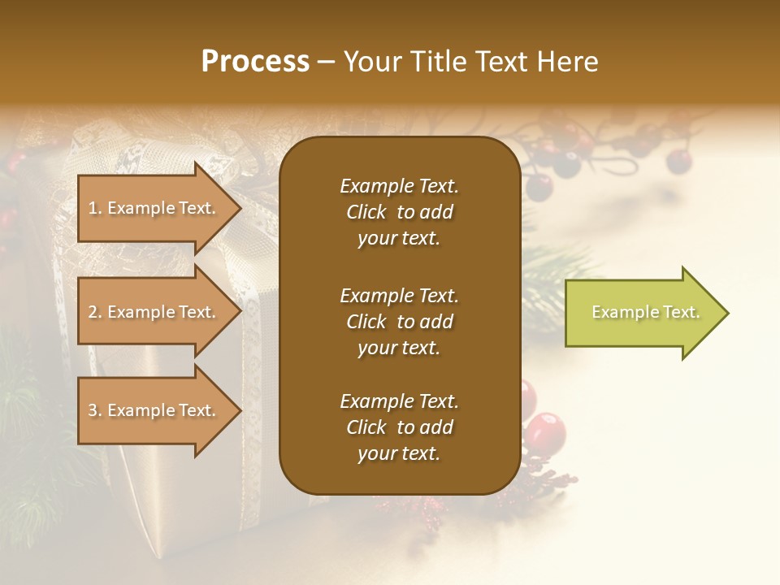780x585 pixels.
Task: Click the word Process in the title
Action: pos(255,62)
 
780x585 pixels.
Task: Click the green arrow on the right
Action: pos(642,313)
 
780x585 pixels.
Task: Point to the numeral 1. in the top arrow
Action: pos(95,208)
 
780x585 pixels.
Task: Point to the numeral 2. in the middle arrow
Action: pos(95,312)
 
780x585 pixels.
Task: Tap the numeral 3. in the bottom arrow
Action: pos(95,410)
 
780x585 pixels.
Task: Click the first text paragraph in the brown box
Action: pos(399,212)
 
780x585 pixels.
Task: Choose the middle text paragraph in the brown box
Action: pos(399,322)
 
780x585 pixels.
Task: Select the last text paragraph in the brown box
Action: pos(399,427)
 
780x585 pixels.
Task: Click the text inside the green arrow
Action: pos(645,312)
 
